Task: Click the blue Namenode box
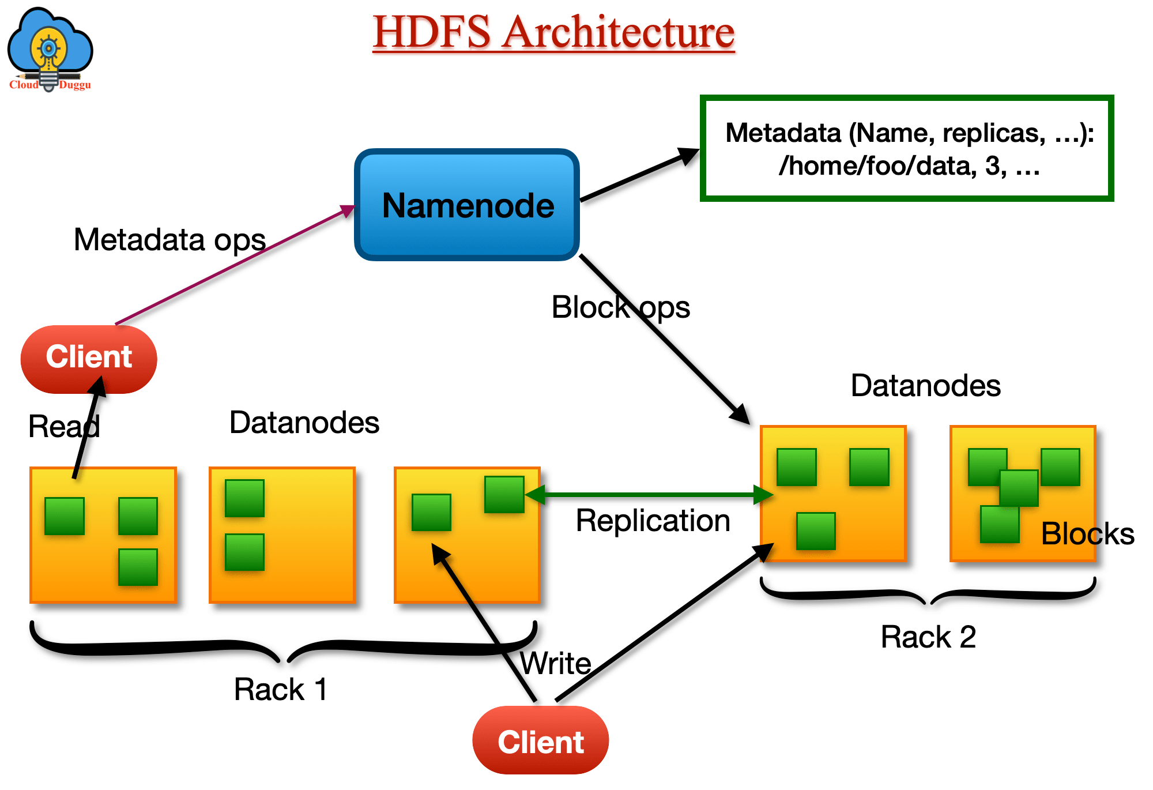[467, 205]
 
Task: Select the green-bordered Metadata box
[907, 149]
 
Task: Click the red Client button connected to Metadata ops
[89, 358]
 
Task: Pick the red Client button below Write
[540, 742]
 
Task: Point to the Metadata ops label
[169, 240]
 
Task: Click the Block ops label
[620, 307]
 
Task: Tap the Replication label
[653, 521]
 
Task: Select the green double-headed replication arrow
[649, 494]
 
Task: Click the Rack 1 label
[281, 689]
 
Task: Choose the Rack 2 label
[928, 637]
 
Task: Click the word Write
[556, 663]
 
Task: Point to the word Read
[63, 427]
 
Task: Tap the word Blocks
[1087, 533]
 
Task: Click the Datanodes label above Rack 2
[925, 385]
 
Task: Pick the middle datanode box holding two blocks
[282, 535]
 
